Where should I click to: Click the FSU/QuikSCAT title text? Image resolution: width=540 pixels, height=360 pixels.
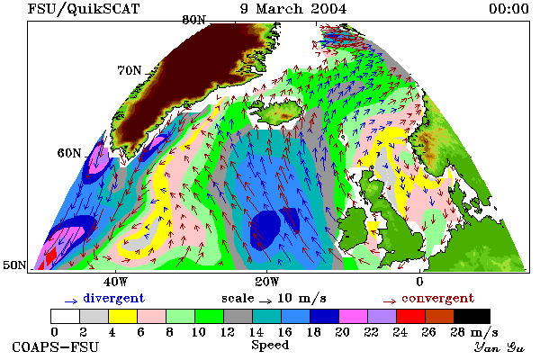click(x=84, y=9)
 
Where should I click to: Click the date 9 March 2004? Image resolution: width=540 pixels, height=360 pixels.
click(x=293, y=9)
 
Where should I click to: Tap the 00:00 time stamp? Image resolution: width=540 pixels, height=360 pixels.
click(x=508, y=9)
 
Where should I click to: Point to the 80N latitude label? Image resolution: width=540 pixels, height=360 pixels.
click(x=193, y=20)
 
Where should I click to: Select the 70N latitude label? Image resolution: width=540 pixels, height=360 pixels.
click(x=130, y=70)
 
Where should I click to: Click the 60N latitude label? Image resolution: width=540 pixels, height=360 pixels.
click(x=69, y=153)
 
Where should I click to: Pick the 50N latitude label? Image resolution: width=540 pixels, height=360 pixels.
click(x=14, y=265)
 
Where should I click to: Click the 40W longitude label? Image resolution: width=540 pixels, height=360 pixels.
click(x=115, y=282)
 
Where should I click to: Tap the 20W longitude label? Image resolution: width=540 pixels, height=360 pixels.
click(x=267, y=282)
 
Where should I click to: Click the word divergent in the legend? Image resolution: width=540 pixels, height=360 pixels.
click(x=113, y=298)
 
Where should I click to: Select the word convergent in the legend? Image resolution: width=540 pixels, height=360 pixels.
click(x=437, y=298)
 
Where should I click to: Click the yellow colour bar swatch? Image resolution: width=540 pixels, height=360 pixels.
click(x=122, y=316)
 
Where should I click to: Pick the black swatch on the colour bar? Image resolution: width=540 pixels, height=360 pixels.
click(x=472, y=316)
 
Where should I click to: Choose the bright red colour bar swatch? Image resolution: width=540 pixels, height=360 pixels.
click(x=411, y=316)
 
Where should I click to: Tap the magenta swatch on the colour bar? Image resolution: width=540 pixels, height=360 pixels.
click(x=354, y=316)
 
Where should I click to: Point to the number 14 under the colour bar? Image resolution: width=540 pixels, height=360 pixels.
click(x=256, y=332)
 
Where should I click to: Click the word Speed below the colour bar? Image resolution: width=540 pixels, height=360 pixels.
click(x=270, y=346)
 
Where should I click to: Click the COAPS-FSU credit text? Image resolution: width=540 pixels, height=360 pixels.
click(x=56, y=346)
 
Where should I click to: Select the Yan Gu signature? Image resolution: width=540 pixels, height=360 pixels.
click(x=499, y=346)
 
